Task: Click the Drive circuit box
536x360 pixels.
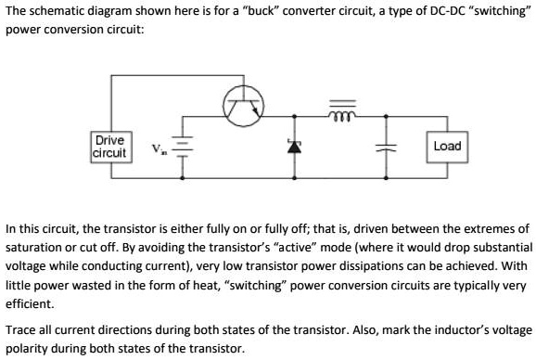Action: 110,147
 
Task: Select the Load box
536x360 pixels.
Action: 447,147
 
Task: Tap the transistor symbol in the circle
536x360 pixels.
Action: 244,107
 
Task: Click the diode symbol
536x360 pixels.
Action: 295,147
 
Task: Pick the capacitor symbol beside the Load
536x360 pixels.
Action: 381,148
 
